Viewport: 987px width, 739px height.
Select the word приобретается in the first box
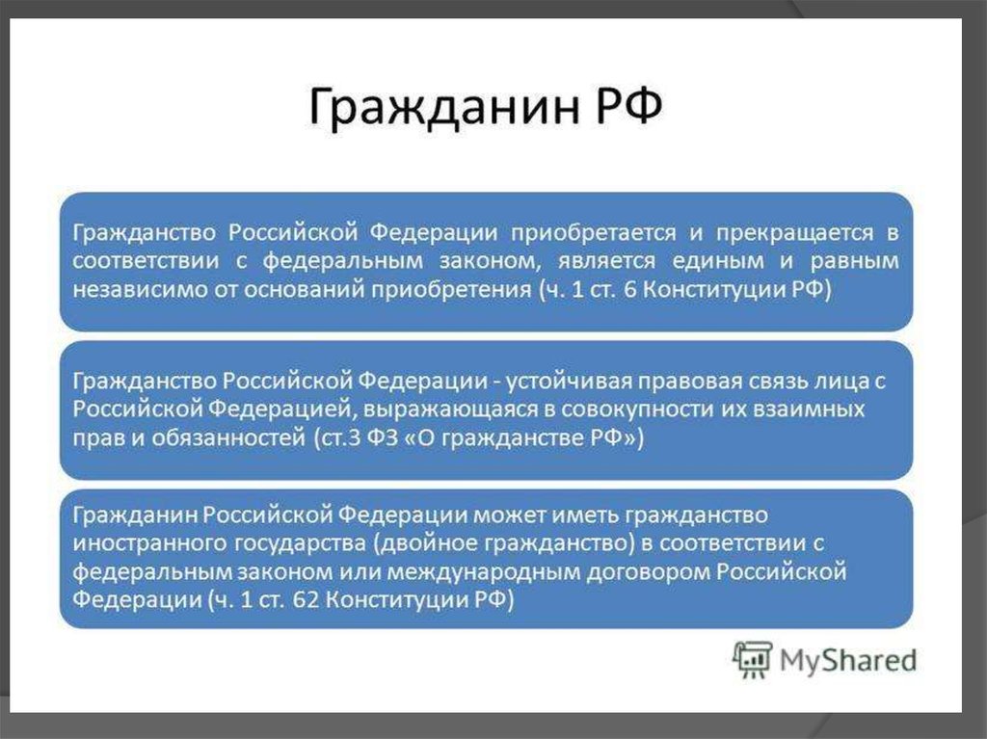click(x=593, y=233)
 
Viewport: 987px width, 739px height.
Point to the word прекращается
click(x=794, y=233)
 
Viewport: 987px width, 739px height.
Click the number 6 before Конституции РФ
click(x=630, y=290)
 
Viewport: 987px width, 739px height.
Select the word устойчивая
click(x=569, y=382)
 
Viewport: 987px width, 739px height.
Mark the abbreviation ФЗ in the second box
click(x=383, y=437)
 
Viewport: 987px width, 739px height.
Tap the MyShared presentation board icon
click(x=753, y=660)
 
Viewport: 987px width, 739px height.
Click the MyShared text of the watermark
click(x=848, y=661)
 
